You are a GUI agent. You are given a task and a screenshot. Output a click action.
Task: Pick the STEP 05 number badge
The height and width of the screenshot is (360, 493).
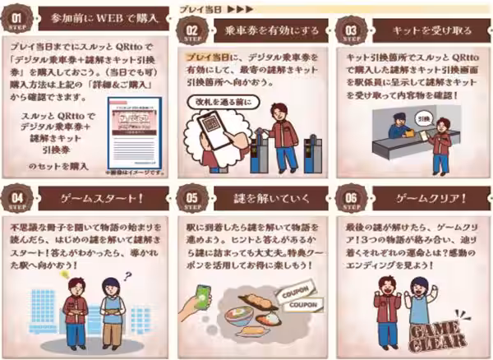[x=189, y=200]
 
